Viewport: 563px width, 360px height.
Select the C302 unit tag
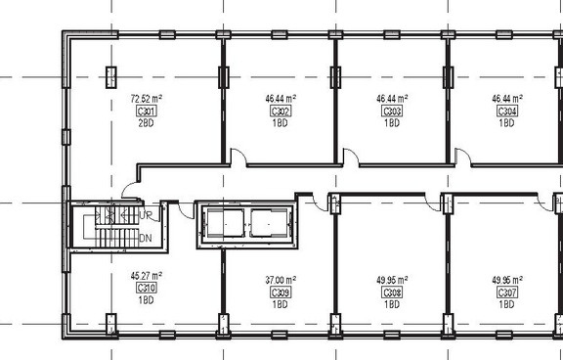click(280, 112)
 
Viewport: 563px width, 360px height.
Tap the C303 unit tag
click(392, 112)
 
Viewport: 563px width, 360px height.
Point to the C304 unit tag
click(506, 112)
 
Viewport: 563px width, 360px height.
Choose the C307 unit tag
click(506, 292)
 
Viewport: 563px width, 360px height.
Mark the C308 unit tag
click(392, 292)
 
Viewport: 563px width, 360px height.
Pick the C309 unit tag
click(280, 292)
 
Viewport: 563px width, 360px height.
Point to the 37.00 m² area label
click(280, 280)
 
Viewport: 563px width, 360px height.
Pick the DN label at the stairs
click(146, 238)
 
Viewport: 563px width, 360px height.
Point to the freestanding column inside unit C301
click(109, 74)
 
